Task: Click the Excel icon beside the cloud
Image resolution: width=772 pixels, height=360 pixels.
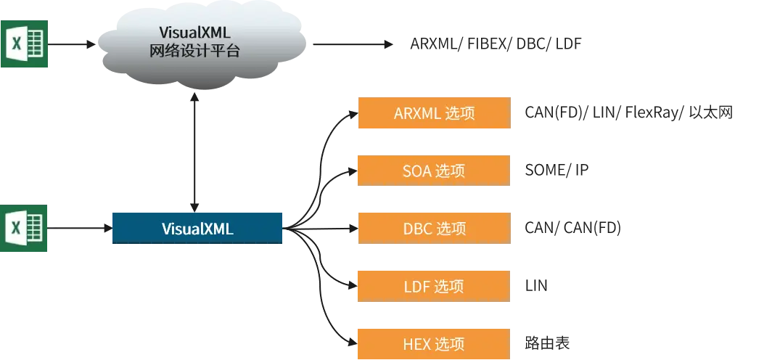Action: pos(24,44)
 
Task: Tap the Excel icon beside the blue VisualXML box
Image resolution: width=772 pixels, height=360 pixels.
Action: pos(24,228)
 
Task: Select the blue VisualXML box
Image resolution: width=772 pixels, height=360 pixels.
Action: pos(197,228)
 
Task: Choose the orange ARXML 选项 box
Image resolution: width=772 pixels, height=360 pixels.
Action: pos(434,112)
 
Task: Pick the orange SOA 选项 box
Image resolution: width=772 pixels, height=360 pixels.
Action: pos(434,171)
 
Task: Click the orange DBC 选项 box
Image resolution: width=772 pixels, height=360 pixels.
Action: pos(434,228)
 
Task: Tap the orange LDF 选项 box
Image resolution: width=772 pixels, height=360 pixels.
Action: pos(434,286)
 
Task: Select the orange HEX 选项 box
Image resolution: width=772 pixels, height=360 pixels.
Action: pos(434,344)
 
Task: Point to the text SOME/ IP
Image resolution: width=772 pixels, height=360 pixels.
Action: pos(557,171)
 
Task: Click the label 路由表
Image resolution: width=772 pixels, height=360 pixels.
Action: pos(548,343)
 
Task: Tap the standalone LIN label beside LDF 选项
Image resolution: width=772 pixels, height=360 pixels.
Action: pos(536,286)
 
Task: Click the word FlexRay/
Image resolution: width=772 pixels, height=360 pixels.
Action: pos(654,112)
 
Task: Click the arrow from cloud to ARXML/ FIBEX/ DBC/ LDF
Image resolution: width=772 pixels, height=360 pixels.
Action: pos(353,44)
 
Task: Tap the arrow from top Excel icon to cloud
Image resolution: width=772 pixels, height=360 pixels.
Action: pos(72,44)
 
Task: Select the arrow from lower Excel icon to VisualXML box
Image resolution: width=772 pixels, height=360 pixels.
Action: pos(80,228)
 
